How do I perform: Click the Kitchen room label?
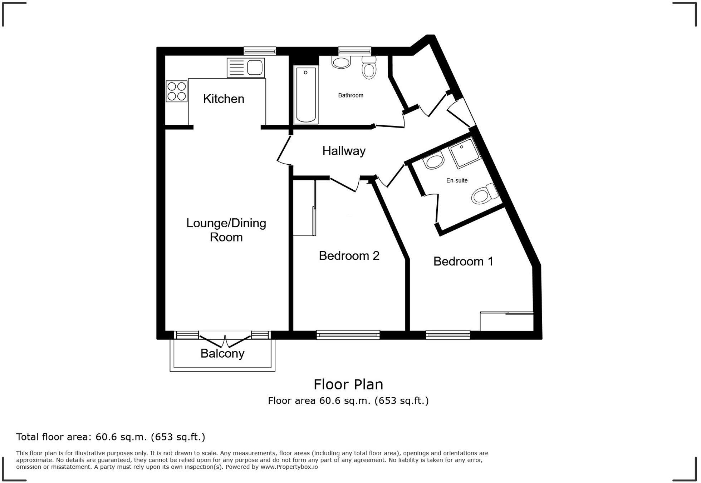tap(224, 99)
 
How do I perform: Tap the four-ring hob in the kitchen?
tap(177, 91)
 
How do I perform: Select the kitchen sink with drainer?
tap(246, 68)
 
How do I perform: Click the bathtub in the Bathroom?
tap(306, 95)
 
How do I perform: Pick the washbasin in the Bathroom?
tap(341, 63)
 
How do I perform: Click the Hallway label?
tap(344, 151)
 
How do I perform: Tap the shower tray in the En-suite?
tap(465, 153)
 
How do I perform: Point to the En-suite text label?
tap(457, 181)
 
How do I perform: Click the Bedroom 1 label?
tap(463, 262)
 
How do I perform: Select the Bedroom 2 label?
tap(349, 256)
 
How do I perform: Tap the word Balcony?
tap(222, 354)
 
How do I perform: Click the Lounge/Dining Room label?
tap(226, 230)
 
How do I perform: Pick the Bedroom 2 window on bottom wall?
tap(348, 335)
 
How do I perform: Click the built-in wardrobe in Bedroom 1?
tap(506, 322)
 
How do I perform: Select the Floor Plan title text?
tap(348, 385)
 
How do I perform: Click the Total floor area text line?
tap(111, 437)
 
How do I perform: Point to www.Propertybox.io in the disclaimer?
tap(289, 467)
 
